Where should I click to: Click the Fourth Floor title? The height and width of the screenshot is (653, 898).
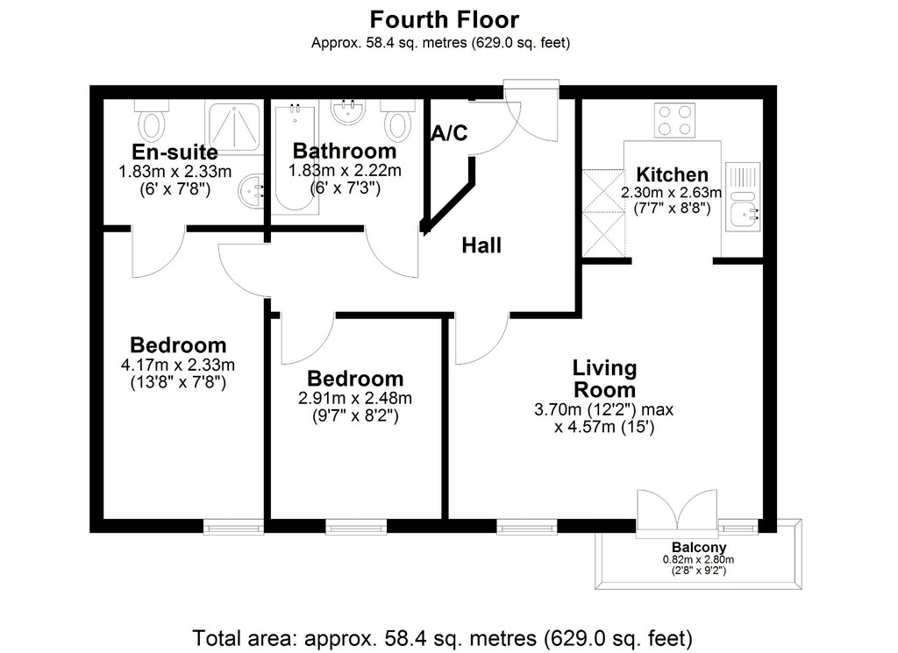pyautogui.click(x=445, y=19)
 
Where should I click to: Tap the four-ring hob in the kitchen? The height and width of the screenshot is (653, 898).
pyautogui.click(x=674, y=120)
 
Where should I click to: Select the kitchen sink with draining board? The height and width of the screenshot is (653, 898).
pyautogui.click(x=743, y=197)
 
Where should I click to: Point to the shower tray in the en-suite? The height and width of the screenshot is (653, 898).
pyautogui.click(x=234, y=127)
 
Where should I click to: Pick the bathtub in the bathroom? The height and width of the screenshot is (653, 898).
pyautogui.click(x=295, y=158)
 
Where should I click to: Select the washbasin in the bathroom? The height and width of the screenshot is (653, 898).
pyautogui.click(x=348, y=112)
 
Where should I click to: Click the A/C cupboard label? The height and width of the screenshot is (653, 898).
pyautogui.click(x=450, y=132)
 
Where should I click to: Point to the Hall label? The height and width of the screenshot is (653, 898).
pyautogui.click(x=481, y=245)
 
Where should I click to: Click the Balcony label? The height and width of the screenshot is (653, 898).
pyautogui.click(x=699, y=547)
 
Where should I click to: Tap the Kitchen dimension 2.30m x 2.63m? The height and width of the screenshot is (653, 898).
pyautogui.click(x=672, y=192)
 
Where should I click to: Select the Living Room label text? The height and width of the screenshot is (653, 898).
pyautogui.click(x=605, y=379)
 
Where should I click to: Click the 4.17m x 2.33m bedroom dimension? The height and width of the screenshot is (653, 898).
pyautogui.click(x=178, y=365)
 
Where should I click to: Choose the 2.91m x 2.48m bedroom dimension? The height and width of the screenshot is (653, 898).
pyautogui.click(x=355, y=398)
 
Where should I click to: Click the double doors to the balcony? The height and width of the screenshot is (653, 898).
pyautogui.click(x=677, y=514)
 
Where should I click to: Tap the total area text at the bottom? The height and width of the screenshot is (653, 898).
pyautogui.click(x=442, y=637)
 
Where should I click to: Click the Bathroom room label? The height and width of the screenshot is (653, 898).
pyautogui.click(x=345, y=151)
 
